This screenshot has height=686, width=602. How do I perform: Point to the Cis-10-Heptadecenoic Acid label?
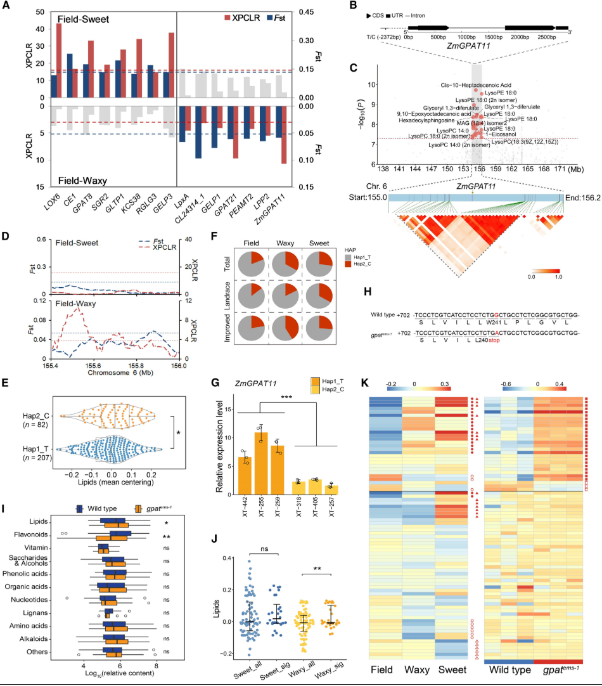(477, 84)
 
